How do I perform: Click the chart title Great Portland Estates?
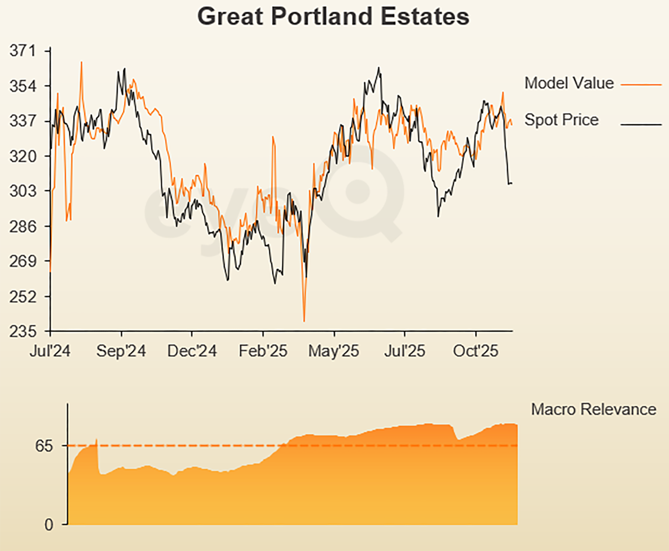point(333,17)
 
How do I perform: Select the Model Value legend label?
point(569,83)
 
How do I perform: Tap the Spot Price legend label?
point(561,120)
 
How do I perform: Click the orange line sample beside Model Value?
point(641,85)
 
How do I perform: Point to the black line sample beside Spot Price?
point(641,125)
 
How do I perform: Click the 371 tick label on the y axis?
point(22,51)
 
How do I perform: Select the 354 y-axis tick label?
point(22,86)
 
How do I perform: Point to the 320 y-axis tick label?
point(22,156)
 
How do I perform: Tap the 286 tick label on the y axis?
point(22,227)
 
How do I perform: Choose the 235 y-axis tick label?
point(22,331)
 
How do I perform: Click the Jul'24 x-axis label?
point(50,351)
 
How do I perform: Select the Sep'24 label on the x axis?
point(121,351)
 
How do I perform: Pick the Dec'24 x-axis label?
point(192,351)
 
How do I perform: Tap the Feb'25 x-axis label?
point(263,351)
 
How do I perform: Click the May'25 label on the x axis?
point(333,351)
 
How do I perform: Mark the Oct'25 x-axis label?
point(475,351)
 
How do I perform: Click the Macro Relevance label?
point(593,410)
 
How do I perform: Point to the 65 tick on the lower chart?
point(44,446)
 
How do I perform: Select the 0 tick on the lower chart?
point(49,525)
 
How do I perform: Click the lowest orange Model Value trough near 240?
point(304,320)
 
